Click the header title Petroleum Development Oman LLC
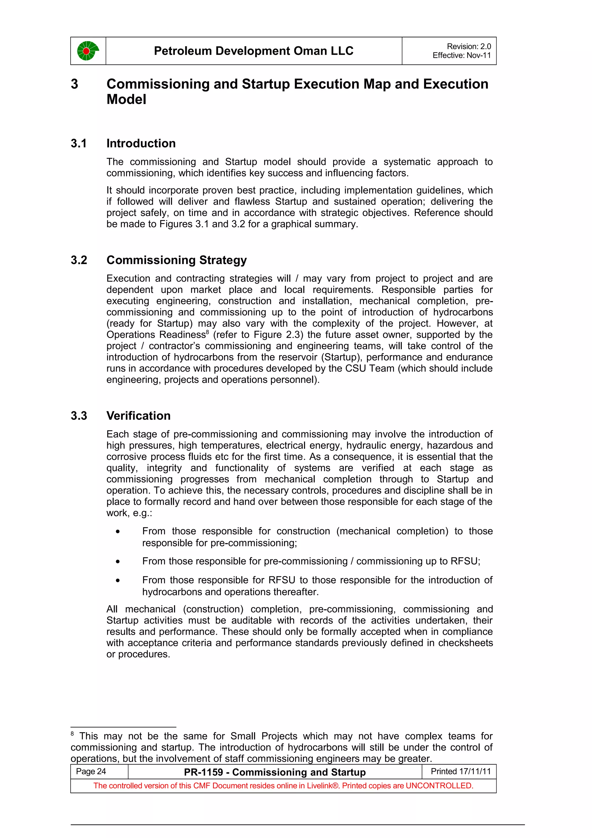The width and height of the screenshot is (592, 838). pos(254,51)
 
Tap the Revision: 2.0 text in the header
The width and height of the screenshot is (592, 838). pos(469,46)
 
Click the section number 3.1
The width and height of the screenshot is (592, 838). pos(79,143)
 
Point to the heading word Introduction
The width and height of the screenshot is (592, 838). pos(141,143)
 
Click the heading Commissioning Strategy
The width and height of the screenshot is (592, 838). pos(177,260)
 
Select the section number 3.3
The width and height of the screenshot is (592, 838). pos(79,416)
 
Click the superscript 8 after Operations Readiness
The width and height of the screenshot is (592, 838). pos(207,332)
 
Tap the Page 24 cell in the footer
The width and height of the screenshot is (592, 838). pos(91,771)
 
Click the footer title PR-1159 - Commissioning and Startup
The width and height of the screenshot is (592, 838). pos(275,772)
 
